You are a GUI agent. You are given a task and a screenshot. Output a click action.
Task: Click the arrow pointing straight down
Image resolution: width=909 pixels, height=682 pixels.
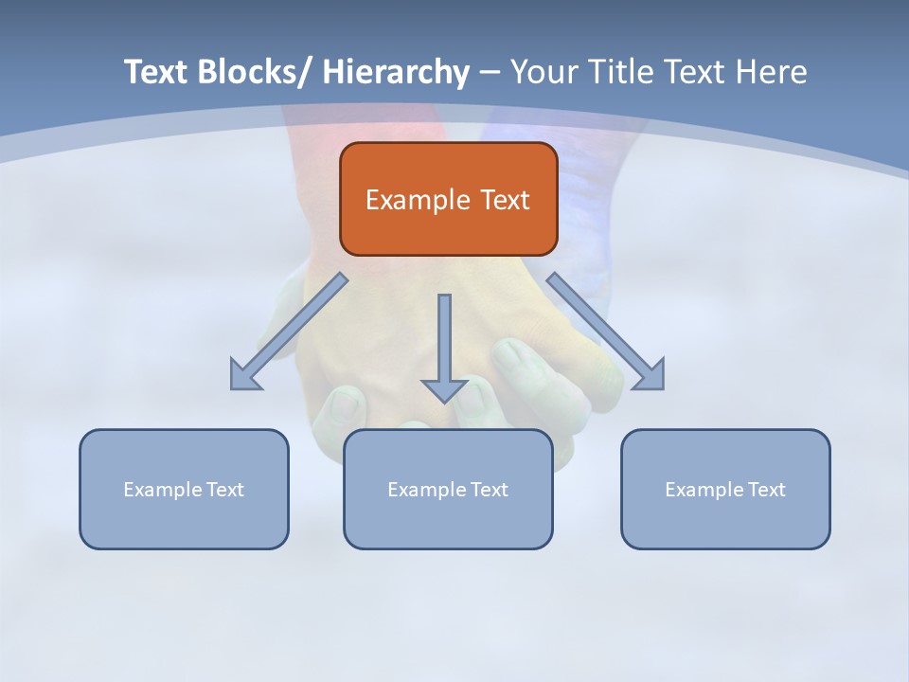pyautogui.click(x=444, y=341)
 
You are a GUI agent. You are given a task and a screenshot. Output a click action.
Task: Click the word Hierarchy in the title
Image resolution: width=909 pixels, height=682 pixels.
pyautogui.click(x=396, y=73)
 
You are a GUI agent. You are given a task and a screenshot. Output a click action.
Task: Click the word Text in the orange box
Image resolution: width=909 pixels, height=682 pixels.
pyautogui.click(x=504, y=201)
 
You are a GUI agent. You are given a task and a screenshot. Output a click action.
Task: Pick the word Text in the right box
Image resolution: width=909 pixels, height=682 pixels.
pyautogui.click(x=766, y=490)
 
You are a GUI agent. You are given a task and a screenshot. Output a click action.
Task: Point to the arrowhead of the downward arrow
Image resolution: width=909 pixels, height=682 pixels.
pyautogui.click(x=444, y=389)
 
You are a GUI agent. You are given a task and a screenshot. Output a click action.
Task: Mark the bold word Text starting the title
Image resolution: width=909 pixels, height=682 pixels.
pyautogui.click(x=157, y=73)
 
